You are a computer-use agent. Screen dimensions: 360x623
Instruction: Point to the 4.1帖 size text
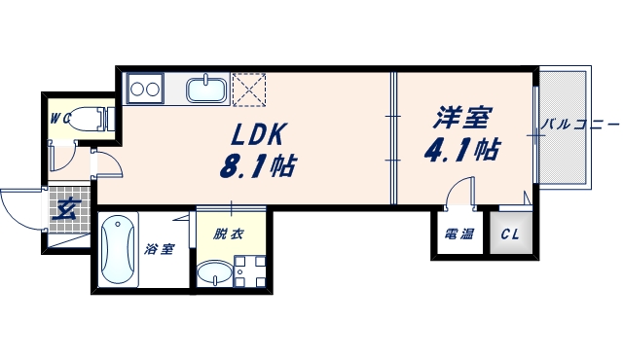tap(463, 150)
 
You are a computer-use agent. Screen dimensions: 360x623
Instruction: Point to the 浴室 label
tap(160, 249)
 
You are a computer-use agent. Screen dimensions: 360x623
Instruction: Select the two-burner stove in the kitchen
tap(144, 89)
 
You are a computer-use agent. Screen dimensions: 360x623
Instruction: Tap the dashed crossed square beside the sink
tap(248, 90)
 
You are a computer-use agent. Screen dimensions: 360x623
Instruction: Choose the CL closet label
tap(510, 234)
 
